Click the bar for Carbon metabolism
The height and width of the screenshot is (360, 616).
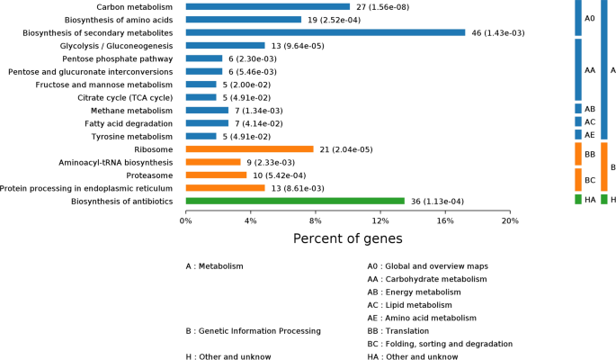pos(267,6)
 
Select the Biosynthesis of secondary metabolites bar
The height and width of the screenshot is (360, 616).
pos(325,32)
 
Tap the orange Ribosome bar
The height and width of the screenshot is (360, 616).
pos(249,149)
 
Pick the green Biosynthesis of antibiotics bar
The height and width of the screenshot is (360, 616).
pos(295,202)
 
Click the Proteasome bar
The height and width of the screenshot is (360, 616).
pos(216,175)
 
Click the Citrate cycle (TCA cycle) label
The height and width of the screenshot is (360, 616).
pos(124,97)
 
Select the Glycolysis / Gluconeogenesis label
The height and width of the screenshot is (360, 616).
pos(116,45)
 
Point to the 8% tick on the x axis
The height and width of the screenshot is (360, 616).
pos(315,220)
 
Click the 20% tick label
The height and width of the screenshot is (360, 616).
pos(509,220)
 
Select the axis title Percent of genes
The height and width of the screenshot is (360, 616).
pos(347,238)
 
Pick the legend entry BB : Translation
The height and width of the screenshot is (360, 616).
pos(406,331)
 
